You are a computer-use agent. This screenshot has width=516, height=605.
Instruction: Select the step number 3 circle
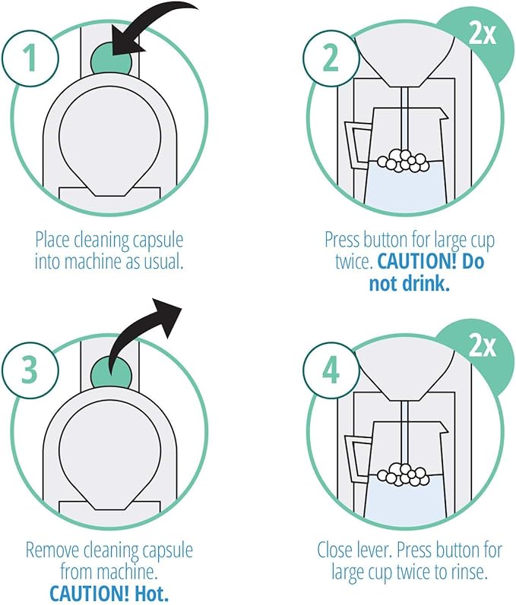tap(30, 370)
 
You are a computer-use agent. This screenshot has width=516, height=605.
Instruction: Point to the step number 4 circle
tap(331, 370)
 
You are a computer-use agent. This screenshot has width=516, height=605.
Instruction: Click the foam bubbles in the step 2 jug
tap(404, 160)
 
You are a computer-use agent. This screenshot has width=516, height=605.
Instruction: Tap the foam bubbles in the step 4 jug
tap(404, 474)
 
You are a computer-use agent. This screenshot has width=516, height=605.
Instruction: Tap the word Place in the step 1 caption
tap(52, 241)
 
